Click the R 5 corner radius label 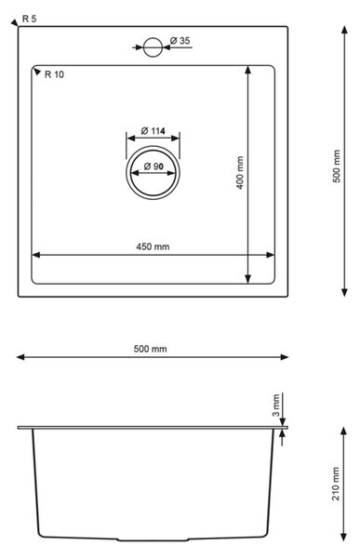[29, 19]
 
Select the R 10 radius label [54, 74]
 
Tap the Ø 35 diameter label [180, 41]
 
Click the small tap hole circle [153, 47]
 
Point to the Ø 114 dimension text [153, 131]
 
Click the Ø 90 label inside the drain [153, 166]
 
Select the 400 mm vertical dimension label [240, 173]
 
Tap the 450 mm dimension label [153, 246]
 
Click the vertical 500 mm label [336, 166]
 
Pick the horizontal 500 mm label [151, 349]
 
